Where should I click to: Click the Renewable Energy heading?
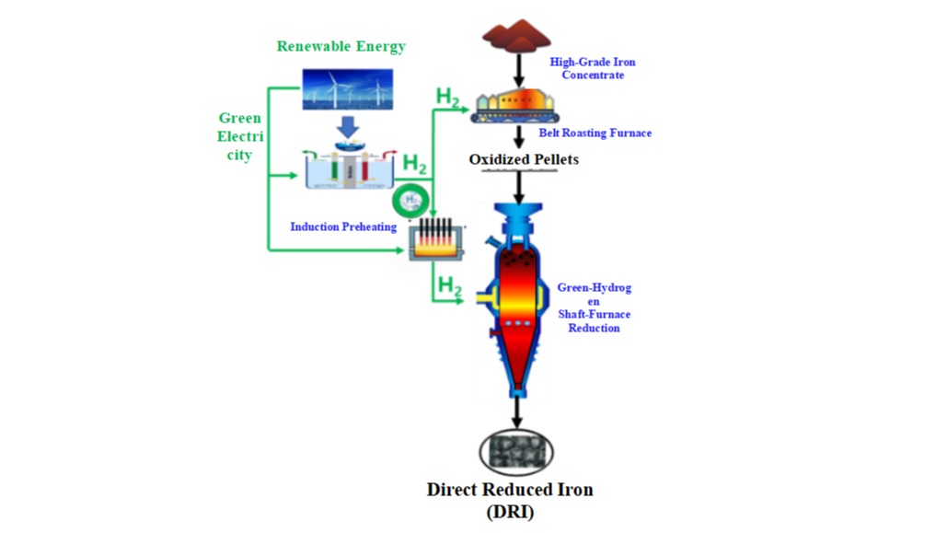(341, 46)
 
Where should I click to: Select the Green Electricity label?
(239, 136)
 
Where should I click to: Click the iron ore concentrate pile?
(518, 35)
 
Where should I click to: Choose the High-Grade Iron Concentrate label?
(593, 68)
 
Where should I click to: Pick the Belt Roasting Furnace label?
(595, 133)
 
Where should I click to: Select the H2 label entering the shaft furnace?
(449, 286)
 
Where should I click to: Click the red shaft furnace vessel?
(519, 295)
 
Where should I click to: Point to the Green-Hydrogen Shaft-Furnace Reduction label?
(594, 307)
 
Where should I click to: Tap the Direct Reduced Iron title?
(509, 490)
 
